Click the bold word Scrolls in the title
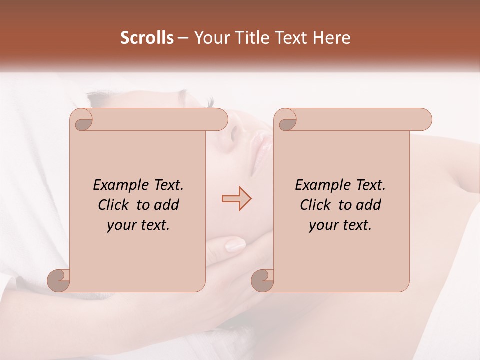pyautogui.click(x=147, y=38)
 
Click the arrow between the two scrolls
pyautogui.click(x=236, y=199)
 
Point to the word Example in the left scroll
pyautogui.click(x=116, y=185)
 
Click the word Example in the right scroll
pyautogui.click(x=318, y=185)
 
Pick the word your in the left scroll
pyautogui.click(x=120, y=225)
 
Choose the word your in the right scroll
pyautogui.click(x=322, y=225)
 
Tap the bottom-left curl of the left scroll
pyautogui.click(x=59, y=280)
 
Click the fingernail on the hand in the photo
pyautogui.click(x=235, y=245)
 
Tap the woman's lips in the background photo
pyautogui.click(x=262, y=150)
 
